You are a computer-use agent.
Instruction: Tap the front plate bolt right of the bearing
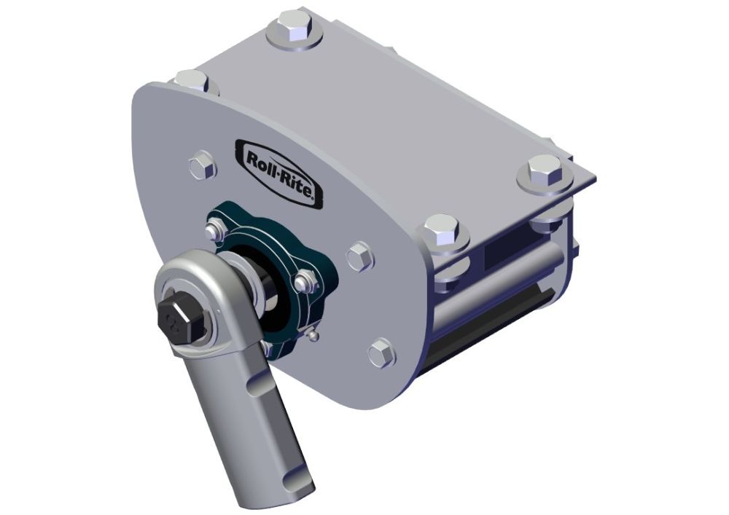click(x=360, y=257)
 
